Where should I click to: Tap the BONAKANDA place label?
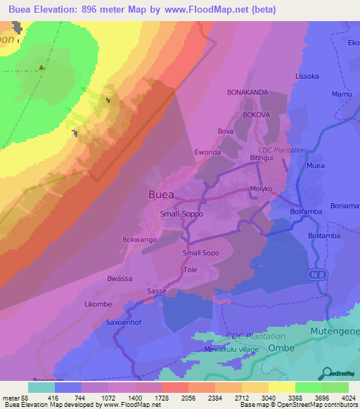click(248, 92)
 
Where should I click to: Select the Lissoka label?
click(307, 76)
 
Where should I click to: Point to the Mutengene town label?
click(333, 330)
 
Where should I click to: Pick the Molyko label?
click(260, 190)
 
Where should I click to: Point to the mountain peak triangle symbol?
click(41, 68)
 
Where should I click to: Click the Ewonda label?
click(207, 152)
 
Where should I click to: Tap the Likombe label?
click(98, 304)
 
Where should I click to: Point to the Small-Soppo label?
click(181, 214)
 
